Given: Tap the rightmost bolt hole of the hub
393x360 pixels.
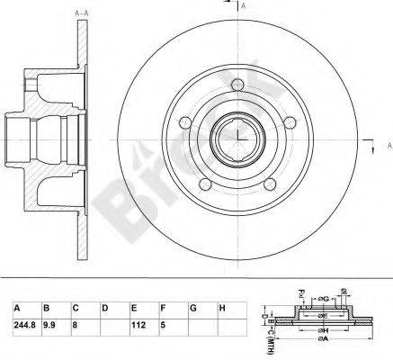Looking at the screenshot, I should pyautogui.click(x=284, y=121).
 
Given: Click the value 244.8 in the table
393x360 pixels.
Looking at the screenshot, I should pyautogui.click(x=19, y=325).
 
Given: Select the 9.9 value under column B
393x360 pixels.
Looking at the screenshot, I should pyautogui.click(x=51, y=325).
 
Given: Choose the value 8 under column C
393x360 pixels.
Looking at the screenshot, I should pyautogui.click(x=76, y=325).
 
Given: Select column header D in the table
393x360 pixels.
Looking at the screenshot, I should pyautogui.click(x=106, y=308).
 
